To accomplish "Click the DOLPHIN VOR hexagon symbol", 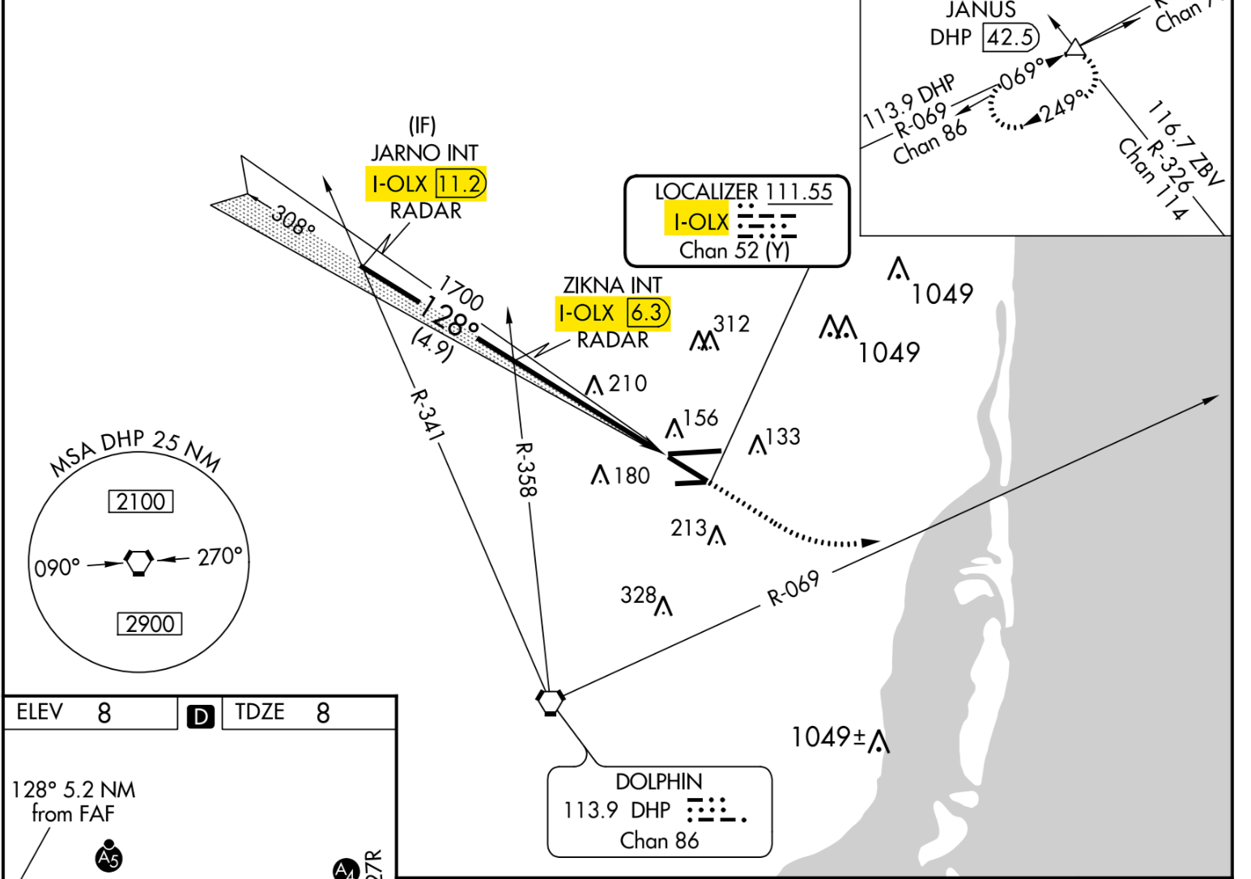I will (551, 702).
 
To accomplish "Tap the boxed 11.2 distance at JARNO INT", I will (461, 184).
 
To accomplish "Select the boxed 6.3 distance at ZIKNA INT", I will (648, 313).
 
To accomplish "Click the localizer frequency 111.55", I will (798, 192).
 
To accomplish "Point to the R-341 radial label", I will (427, 415).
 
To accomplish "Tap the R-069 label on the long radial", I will (794, 588).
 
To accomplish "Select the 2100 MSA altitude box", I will (141, 501).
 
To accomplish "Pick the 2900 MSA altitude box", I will (150, 624).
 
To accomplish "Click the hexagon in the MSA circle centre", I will (138, 561).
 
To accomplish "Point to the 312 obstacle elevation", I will (731, 324).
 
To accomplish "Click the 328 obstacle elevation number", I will (638, 595).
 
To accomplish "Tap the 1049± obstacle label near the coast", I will (828, 737).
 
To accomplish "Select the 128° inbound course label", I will (449, 316).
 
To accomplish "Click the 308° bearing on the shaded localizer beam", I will (292, 220).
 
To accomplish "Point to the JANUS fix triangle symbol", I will (1074, 49).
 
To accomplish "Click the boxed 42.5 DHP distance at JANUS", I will (1010, 37).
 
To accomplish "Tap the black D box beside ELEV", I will (201, 716).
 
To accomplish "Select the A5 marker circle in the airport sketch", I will (109, 857).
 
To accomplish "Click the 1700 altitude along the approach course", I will (461, 292).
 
